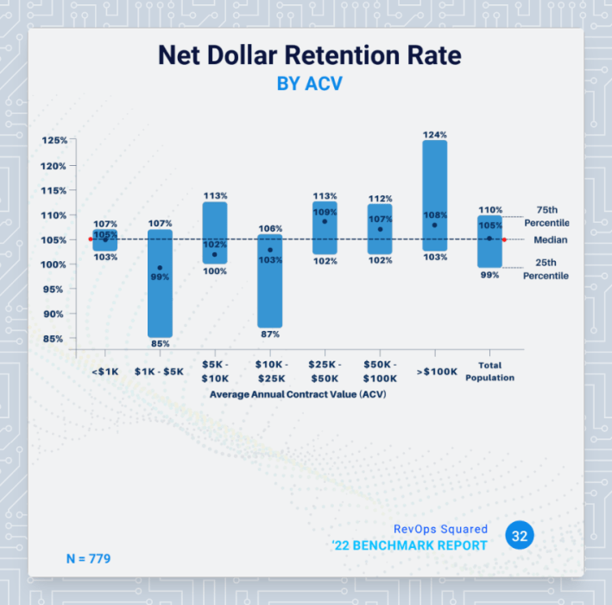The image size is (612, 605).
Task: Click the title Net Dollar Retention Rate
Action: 309,55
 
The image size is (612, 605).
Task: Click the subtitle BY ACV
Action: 309,84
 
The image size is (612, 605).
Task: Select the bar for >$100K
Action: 434,195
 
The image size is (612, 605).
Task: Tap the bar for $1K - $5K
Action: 160,283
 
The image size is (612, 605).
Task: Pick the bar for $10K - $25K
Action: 269,281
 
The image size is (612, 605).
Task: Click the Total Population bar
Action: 489,241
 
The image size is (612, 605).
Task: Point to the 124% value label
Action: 435,135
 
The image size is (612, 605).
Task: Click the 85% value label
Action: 160,344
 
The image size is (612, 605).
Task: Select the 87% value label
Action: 269,334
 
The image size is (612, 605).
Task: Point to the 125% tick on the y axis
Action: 54,140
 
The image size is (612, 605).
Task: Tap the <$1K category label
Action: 104,373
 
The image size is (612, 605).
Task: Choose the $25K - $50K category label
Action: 325,373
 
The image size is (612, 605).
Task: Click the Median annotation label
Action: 550,239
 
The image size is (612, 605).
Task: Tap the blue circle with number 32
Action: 520,536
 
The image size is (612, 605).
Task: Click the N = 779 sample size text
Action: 88,558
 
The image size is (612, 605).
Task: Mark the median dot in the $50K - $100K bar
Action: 380,229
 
